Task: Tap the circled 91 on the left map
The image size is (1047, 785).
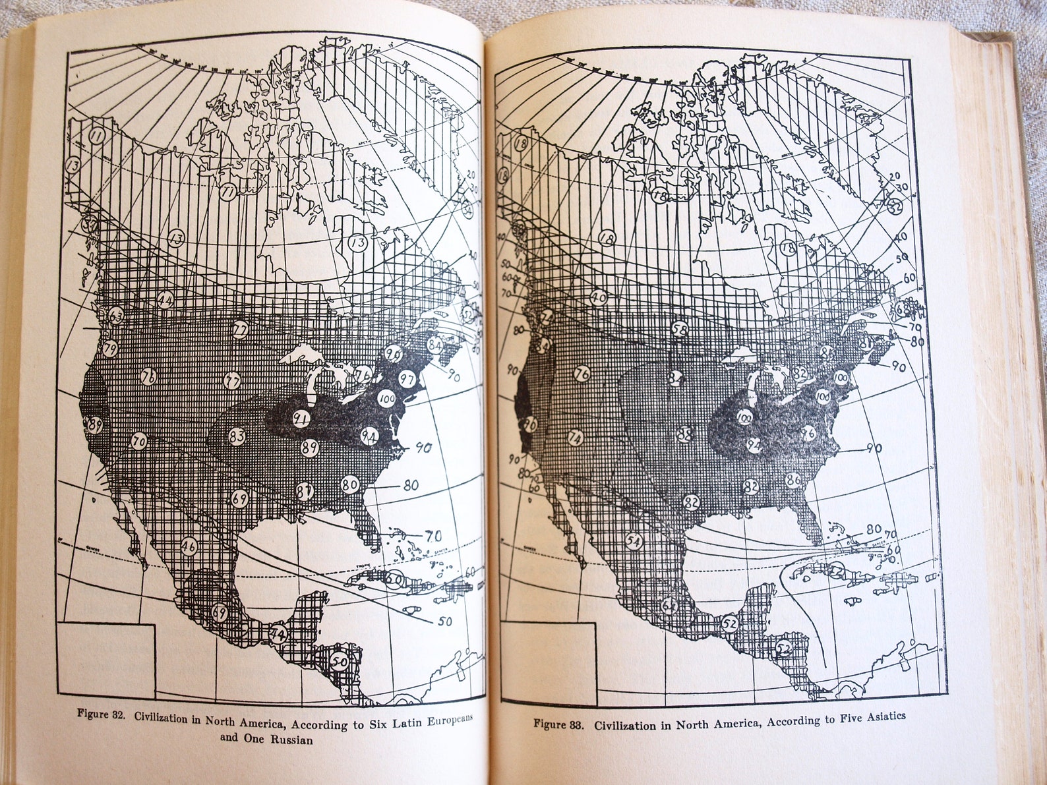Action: coord(302,419)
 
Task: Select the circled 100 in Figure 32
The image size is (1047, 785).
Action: coord(386,399)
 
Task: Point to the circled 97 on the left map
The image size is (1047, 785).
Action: coord(407,379)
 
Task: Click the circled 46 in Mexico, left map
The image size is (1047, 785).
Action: coord(189,546)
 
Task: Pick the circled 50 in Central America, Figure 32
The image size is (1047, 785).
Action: coord(340,661)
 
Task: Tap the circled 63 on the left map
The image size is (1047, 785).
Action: coord(116,316)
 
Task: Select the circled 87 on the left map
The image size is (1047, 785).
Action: coord(304,491)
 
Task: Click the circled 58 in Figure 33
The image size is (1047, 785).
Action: coord(680,328)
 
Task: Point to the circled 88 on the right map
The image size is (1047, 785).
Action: coord(684,434)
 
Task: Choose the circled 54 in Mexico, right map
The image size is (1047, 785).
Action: coord(634,541)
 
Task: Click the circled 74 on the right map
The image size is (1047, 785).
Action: coord(576,438)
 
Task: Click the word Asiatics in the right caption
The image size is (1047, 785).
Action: coord(879,717)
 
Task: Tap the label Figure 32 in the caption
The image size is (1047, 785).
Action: coord(101,713)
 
